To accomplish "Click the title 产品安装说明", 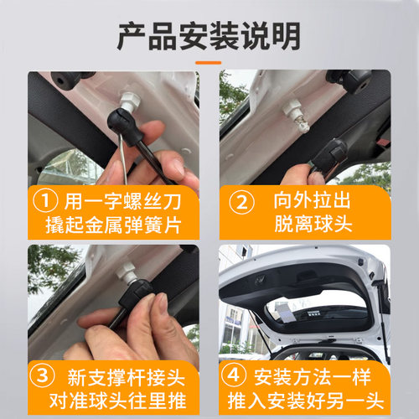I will tap(209, 36).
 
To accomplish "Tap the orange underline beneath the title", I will tap(209, 62).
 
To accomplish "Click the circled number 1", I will tap(47, 202).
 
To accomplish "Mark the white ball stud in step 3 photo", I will tap(128, 272).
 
